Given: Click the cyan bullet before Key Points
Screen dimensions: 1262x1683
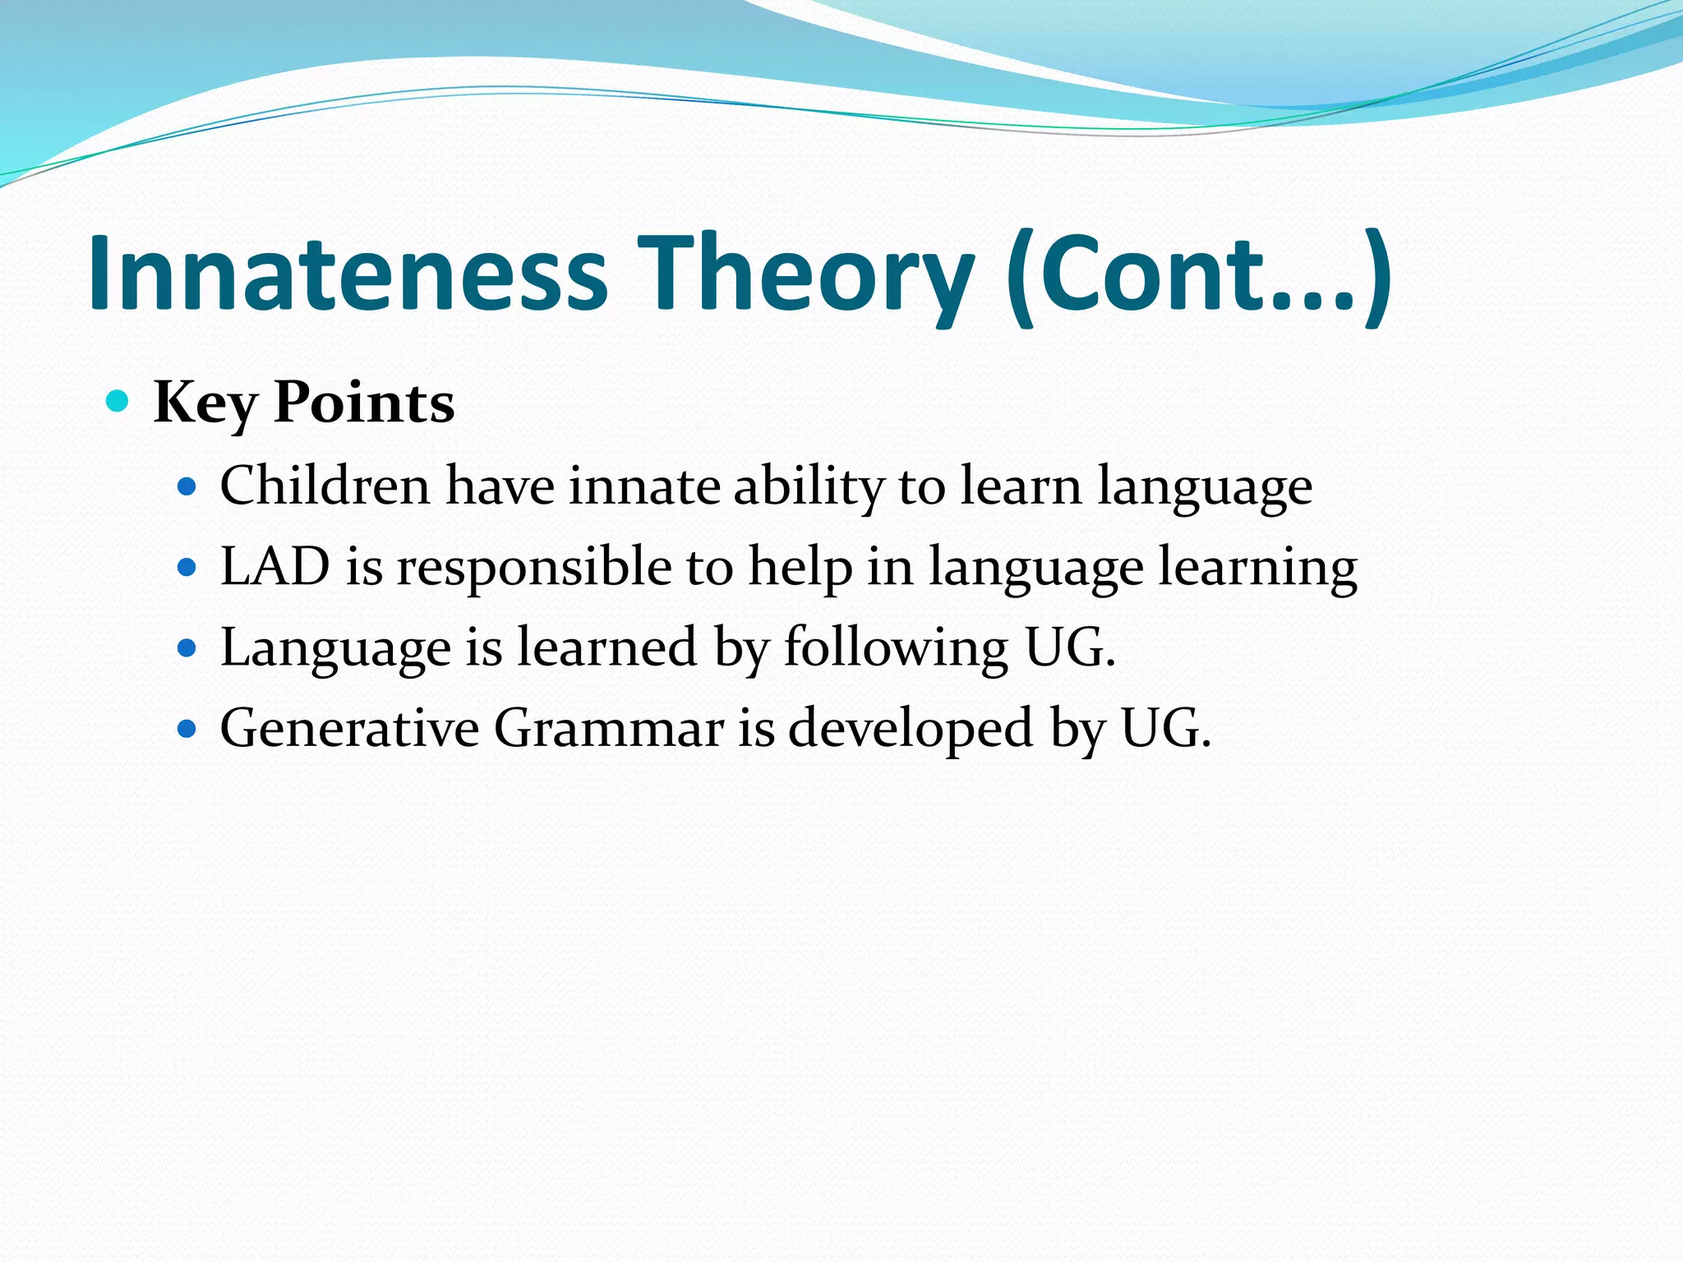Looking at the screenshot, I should [x=118, y=402].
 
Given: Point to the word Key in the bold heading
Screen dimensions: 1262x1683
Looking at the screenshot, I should [x=205, y=403].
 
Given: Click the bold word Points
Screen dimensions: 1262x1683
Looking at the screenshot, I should [x=364, y=403].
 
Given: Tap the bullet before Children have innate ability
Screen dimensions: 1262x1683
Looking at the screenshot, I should [x=187, y=487].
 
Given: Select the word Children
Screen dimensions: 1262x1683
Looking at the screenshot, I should [x=325, y=486].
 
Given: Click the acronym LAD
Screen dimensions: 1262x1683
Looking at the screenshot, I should [x=275, y=566].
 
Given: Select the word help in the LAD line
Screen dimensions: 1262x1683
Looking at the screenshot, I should [x=800, y=566].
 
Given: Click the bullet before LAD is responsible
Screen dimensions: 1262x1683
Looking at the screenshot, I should [x=187, y=568].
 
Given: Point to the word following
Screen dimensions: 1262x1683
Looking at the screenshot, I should [x=896, y=647].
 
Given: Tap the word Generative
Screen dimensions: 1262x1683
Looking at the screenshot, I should [x=350, y=728].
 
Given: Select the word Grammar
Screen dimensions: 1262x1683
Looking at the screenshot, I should [x=609, y=728].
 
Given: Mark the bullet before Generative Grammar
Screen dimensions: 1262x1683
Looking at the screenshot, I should [x=187, y=729].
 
